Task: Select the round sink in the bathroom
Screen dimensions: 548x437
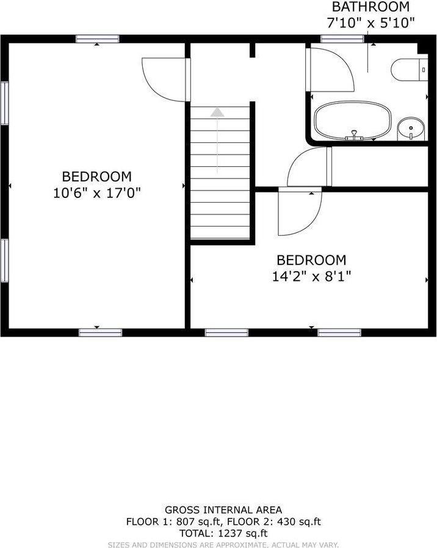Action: coord(411,128)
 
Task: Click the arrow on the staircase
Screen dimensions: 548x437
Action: coord(217,112)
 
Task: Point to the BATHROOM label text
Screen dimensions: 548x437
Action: coord(370,7)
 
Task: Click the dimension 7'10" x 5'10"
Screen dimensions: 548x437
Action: coord(370,23)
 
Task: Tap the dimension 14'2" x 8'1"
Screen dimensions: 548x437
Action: coord(311,276)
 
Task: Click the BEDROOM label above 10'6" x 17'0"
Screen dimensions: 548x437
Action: coord(96,177)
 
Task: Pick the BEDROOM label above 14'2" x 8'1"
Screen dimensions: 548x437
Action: coord(311,260)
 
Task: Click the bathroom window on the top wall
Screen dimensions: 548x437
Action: coord(334,39)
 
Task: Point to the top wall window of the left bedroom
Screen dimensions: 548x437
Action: coord(98,39)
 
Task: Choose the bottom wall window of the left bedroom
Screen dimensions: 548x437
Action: coord(100,332)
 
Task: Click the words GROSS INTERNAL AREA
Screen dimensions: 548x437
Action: coord(223,510)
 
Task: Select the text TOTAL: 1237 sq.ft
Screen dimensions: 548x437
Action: coord(223,533)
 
